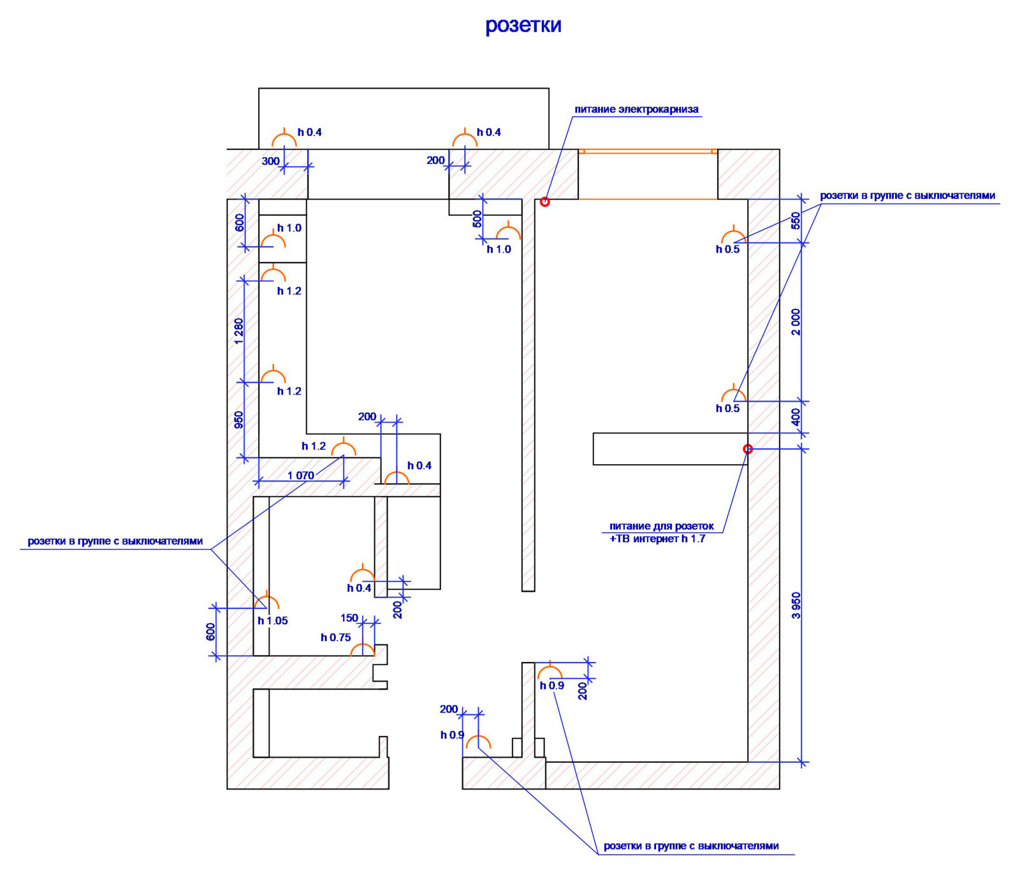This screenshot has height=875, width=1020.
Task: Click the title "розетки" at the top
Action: [x=523, y=26]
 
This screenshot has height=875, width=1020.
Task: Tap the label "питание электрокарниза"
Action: [x=636, y=109]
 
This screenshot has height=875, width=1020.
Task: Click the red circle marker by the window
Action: [x=544, y=202]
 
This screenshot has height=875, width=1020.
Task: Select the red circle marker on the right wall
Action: [x=748, y=449]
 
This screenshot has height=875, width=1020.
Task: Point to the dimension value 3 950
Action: [x=796, y=605]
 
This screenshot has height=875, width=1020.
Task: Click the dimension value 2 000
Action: [x=796, y=322]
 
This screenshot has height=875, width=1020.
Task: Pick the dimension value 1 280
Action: [x=238, y=331]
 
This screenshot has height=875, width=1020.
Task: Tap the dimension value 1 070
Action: [x=300, y=475]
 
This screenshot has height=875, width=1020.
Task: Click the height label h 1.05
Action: [x=272, y=621]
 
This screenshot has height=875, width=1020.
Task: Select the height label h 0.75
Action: [x=335, y=637]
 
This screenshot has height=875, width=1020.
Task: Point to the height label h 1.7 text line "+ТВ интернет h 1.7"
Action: [x=657, y=538]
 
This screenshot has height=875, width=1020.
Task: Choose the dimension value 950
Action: [x=238, y=420]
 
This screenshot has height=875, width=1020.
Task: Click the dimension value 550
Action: [x=796, y=221]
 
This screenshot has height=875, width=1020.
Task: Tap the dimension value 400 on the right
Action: [x=796, y=417]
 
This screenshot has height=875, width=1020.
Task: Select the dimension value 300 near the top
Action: [x=270, y=161]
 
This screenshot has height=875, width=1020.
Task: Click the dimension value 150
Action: [x=349, y=618]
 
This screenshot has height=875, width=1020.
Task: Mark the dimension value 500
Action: [x=477, y=219]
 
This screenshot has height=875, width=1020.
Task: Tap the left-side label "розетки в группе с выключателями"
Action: [x=115, y=541]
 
